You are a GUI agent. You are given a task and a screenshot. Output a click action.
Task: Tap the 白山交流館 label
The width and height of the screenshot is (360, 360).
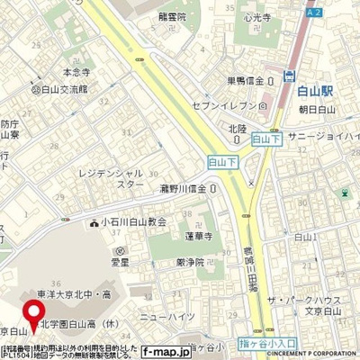tap(62, 89)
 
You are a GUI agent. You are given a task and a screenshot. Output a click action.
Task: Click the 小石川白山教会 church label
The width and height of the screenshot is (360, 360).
tap(145, 221)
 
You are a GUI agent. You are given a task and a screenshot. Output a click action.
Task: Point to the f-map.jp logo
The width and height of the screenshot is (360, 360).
tap(163, 353)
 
